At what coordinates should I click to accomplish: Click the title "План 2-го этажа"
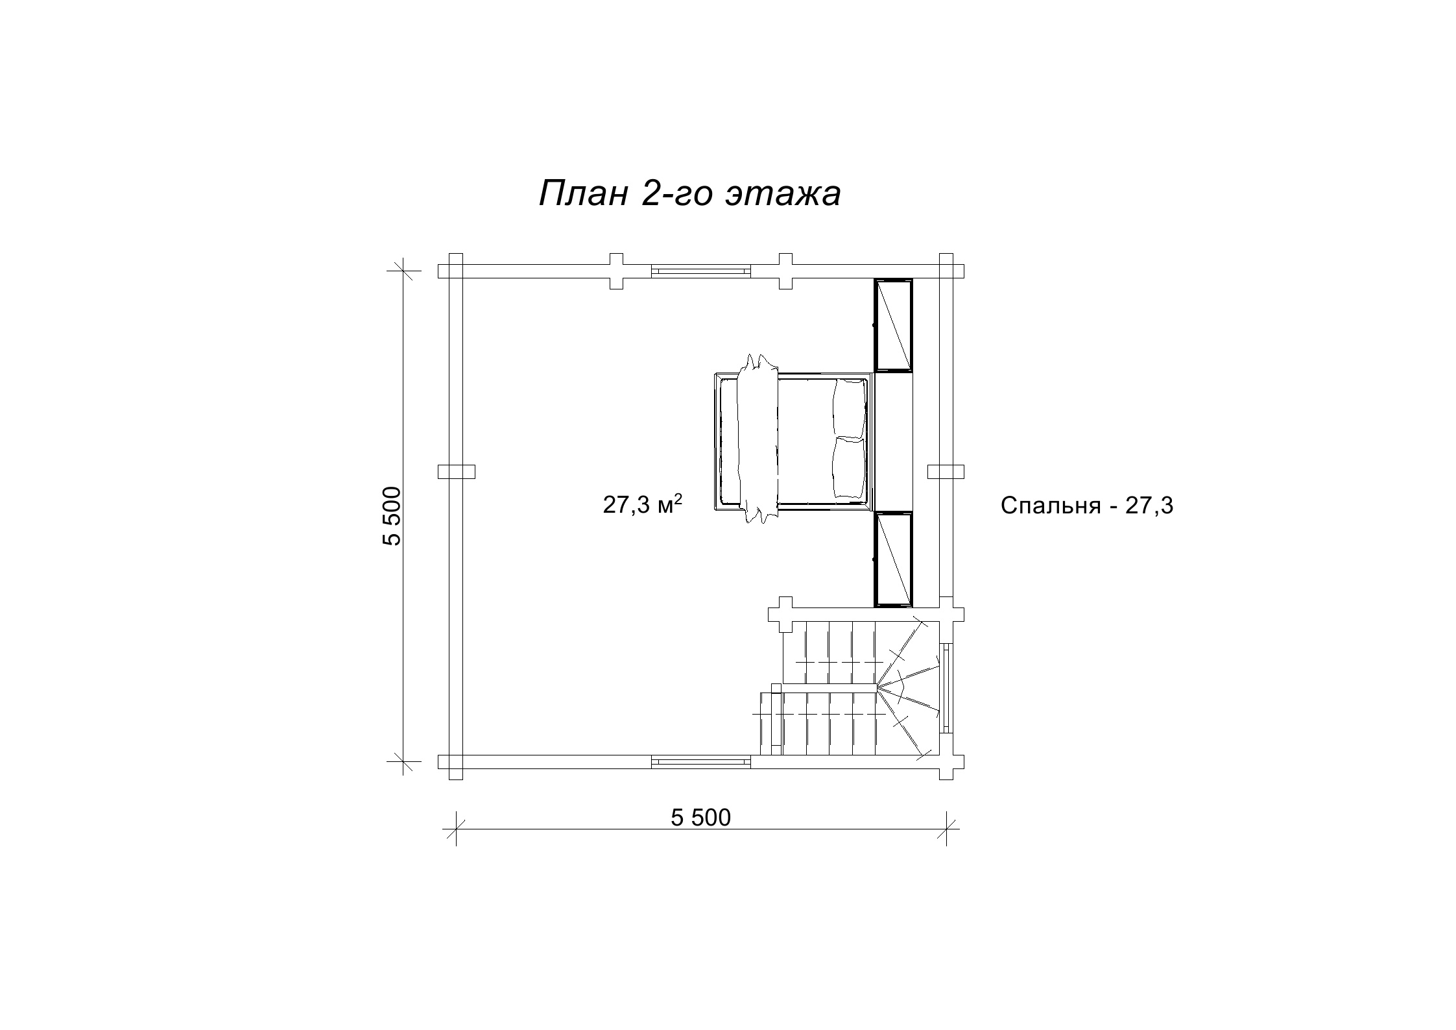pyautogui.click(x=690, y=193)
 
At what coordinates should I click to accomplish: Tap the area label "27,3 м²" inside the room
pyautogui.click(x=643, y=504)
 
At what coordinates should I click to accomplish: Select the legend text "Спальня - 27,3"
pyautogui.click(x=1087, y=506)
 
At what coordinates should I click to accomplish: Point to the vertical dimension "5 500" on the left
pyautogui.click(x=393, y=516)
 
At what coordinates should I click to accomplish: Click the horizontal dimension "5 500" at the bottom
pyautogui.click(x=700, y=818)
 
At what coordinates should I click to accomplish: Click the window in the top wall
pyautogui.click(x=700, y=271)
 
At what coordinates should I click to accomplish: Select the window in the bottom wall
pyautogui.click(x=700, y=761)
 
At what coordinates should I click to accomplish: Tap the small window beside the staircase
pyautogui.click(x=946, y=687)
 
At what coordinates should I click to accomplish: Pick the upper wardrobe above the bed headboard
pyautogui.click(x=893, y=325)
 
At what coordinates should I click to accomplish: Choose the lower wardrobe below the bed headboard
pyautogui.click(x=893, y=559)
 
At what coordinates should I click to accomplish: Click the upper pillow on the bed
pyautogui.click(x=850, y=408)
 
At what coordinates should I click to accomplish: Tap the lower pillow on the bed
pyautogui.click(x=850, y=469)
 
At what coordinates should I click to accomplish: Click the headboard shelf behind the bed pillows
pyautogui.click(x=894, y=441)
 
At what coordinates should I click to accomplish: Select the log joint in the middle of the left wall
pyautogui.click(x=456, y=471)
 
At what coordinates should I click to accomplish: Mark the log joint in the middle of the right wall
pyautogui.click(x=946, y=471)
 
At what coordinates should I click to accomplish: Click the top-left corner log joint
pyautogui.click(x=456, y=271)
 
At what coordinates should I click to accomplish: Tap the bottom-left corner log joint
pyautogui.click(x=456, y=761)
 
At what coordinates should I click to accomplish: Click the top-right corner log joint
pyautogui.click(x=946, y=271)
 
